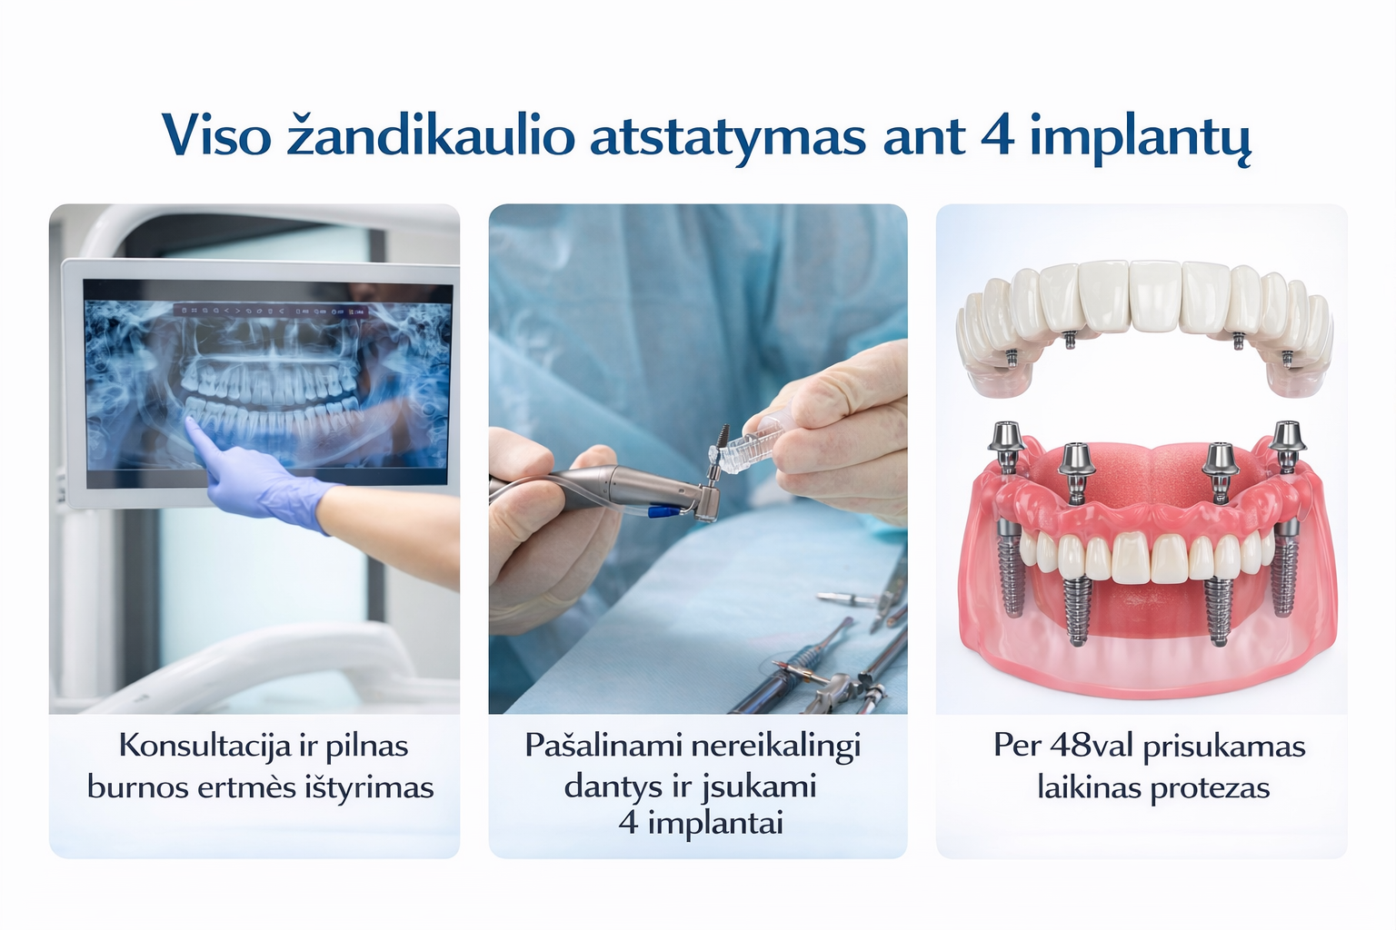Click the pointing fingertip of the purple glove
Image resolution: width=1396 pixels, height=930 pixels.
click(189, 424)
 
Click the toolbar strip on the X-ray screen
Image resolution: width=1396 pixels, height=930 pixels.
click(271, 311)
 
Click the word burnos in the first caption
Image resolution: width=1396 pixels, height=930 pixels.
click(138, 788)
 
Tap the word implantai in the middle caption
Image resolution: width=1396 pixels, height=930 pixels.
click(715, 825)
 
